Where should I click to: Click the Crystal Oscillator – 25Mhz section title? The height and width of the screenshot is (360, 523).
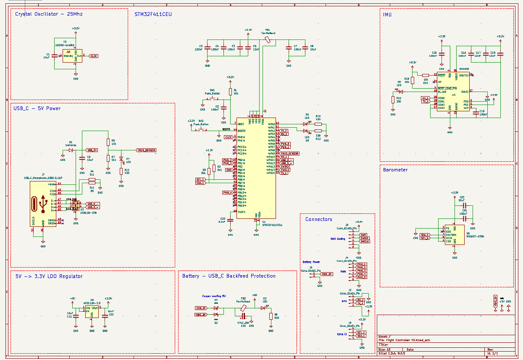(x=49, y=14)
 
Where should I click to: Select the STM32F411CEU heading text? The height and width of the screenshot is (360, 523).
(x=153, y=14)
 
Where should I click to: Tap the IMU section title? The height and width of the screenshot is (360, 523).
(x=387, y=15)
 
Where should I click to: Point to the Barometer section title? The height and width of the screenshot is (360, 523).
(x=395, y=170)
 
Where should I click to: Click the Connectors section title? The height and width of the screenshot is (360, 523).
(x=318, y=219)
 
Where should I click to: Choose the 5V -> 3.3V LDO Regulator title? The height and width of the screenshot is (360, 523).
(x=49, y=276)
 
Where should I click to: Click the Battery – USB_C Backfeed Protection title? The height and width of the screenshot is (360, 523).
(x=229, y=276)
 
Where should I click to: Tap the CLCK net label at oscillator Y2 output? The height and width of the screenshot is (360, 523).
(x=94, y=56)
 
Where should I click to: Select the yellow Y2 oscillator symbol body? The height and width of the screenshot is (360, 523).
(x=73, y=55)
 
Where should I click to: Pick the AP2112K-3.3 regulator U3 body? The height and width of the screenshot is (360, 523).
(x=92, y=311)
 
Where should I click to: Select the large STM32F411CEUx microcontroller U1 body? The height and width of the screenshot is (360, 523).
(x=256, y=168)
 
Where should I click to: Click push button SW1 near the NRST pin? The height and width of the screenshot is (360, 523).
(x=212, y=99)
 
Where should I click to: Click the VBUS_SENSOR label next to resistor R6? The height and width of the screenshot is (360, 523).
(x=146, y=150)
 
